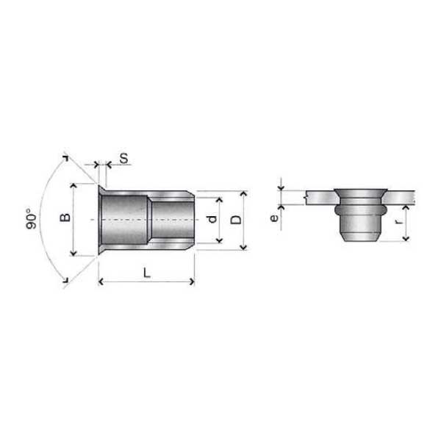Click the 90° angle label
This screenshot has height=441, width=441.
click(x=31, y=218)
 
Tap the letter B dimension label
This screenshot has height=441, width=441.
click(x=65, y=218)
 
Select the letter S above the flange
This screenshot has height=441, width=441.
click(x=123, y=158)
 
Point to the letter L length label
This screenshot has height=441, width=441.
click(x=147, y=273)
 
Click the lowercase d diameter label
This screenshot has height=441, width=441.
click(x=212, y=219)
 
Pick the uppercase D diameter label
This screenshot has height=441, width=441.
click(x=236, y=220)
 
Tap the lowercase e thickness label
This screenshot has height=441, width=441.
click(x=274, y=218)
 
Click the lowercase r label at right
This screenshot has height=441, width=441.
click(x=399, y=221)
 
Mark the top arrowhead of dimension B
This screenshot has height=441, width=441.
click(x=73, y=185)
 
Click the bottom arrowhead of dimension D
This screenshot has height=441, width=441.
click(x=243, y=248)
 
